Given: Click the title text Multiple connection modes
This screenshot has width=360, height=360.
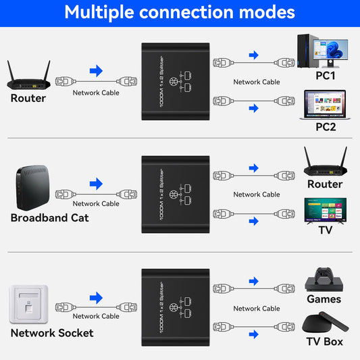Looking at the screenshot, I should coord(180,12).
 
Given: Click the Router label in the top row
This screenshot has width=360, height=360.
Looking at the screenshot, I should coord(28,98).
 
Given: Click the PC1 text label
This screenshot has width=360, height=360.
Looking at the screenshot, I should coord(325,76).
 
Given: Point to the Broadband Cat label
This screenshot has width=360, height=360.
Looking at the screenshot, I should coord(49,217).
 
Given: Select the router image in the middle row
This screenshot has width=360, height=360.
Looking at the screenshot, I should coord(325,162).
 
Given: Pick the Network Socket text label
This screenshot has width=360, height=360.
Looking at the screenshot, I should coord(52,332).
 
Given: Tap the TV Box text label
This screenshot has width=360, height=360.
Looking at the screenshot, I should coord(324,341).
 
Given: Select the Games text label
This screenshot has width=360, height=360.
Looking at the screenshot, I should coord(324,299).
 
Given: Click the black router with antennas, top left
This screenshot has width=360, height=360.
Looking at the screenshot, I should coord(28,76).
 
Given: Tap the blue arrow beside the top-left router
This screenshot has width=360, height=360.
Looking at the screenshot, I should coord(96,70).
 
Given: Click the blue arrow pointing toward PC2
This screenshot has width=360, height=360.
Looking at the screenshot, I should coord(254,107).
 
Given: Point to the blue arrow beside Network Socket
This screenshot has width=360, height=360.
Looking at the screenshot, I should coord(96,297).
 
